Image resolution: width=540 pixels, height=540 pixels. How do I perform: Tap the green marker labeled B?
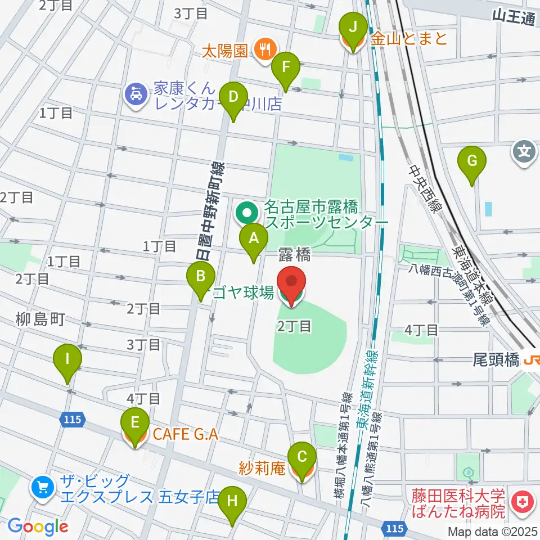[200, 277]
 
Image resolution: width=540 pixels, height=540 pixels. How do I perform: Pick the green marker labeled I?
[67, 359]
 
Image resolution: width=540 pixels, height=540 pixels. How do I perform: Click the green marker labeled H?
[232, 498]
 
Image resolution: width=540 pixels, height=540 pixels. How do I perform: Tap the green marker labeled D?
[233, 97]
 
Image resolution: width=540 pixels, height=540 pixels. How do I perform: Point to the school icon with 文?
[523, 151]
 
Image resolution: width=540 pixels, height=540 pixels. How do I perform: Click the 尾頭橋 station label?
[496, 360]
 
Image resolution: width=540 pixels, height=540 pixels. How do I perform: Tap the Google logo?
[38, 526]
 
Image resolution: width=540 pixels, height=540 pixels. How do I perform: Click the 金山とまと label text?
[409, 38]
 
